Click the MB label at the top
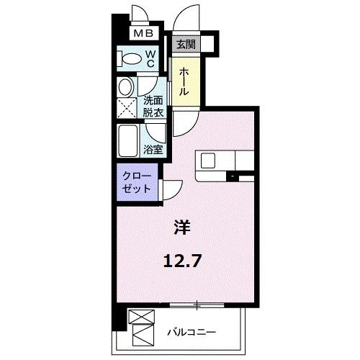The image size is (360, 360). (140, 33)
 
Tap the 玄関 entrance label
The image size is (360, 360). (186, 45)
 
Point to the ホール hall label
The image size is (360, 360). (185, 84)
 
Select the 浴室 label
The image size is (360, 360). (153, 150)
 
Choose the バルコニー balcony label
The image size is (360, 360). (191, 332)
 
